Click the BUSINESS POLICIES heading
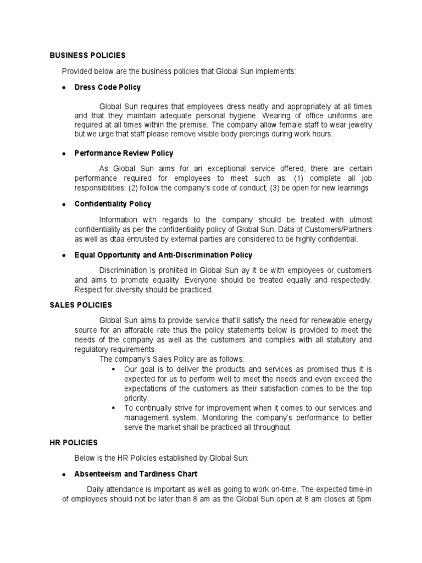[x=87, y=56]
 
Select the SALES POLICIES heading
[x=81, y=305]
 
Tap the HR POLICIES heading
[x=74, y=442]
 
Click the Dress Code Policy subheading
[x=107, y=87]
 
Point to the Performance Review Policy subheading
[x=124, y=153]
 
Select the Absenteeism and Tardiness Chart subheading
[x=136, y=473]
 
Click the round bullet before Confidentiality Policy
[x=64, y=205]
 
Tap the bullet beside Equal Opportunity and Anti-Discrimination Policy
[x=64, y=255]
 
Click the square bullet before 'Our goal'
[x=114, y=369]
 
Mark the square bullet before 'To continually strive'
[x=114, y=408]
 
